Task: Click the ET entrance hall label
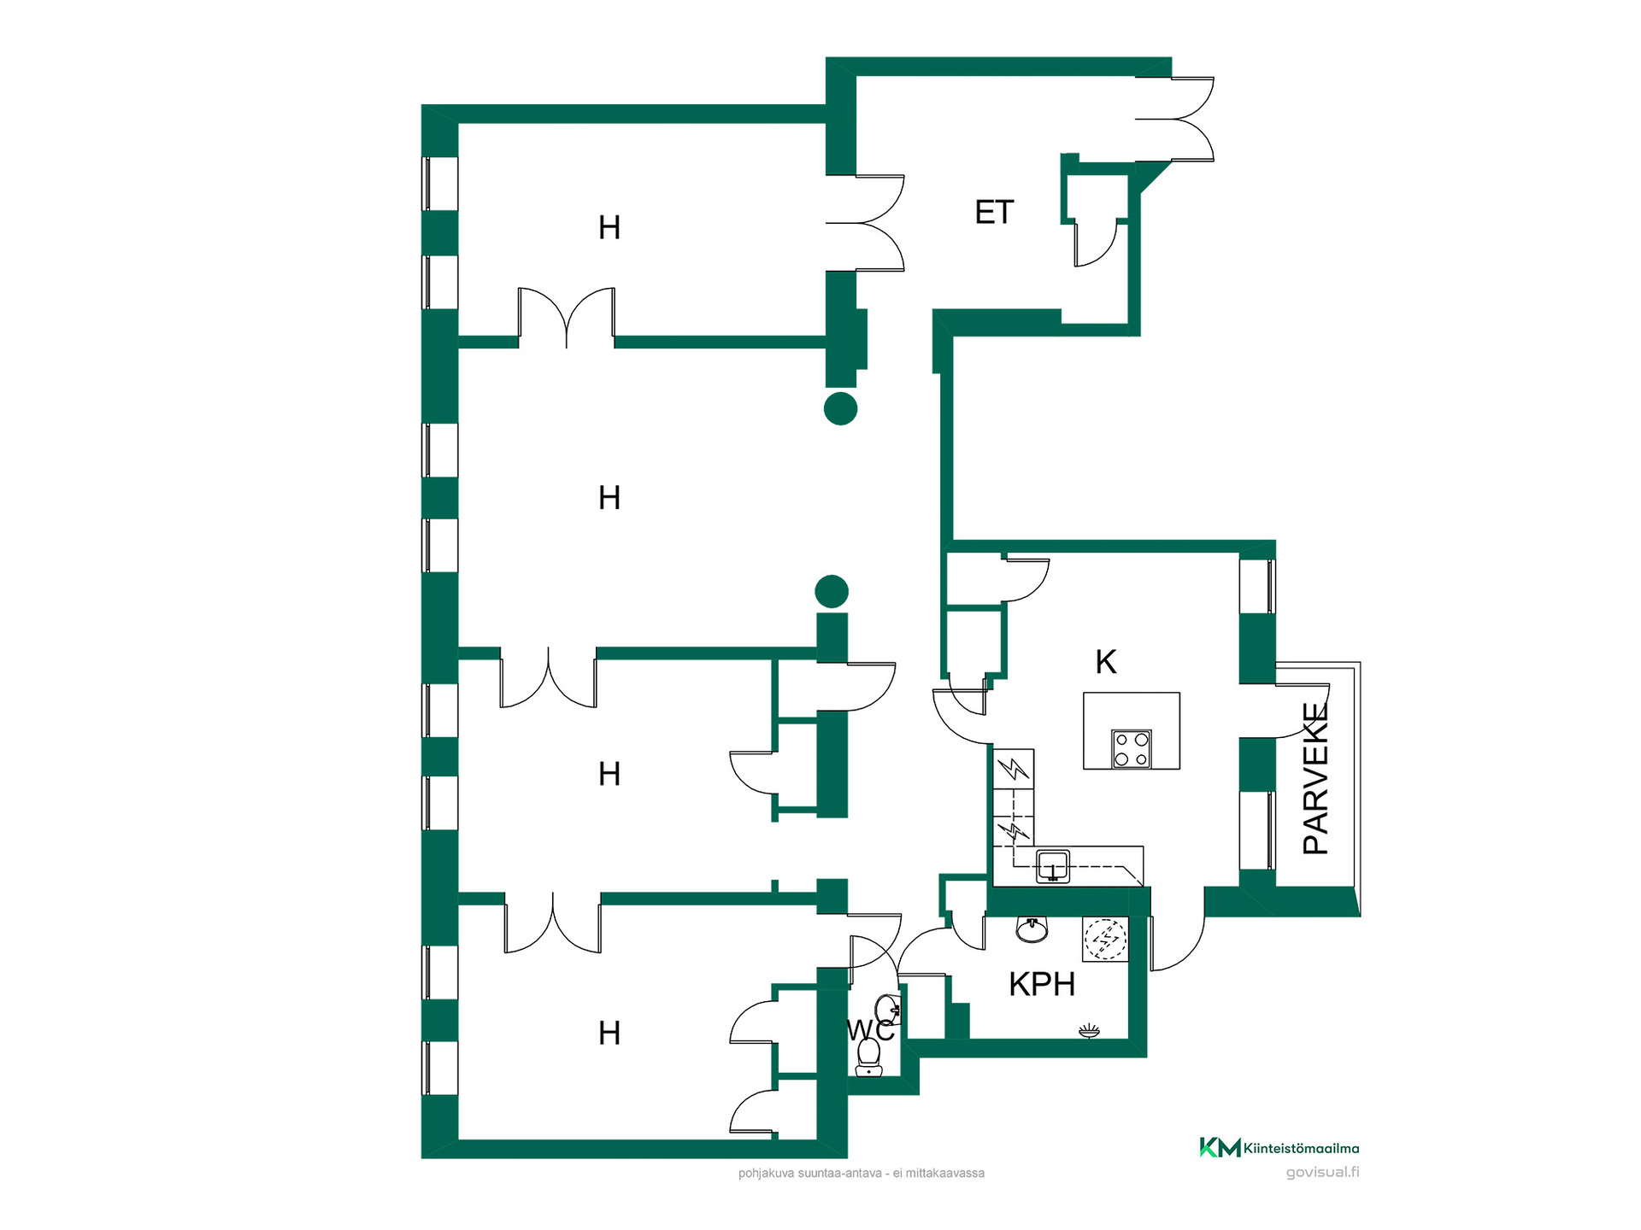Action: click(x=994, y=212)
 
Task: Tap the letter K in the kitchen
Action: click(x=1106, y=662)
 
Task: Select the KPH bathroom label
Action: click(x=1042, y=985)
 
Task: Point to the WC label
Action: click(x=870, y=1030)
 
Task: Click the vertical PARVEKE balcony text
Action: click(x=1316, y=778)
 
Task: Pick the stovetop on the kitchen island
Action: click(x=1132, y=749)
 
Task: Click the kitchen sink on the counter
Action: click(x=1053, y=866)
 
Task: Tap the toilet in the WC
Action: click(x=869, y=1057)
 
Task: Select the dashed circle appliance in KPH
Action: click(x=1106, y=940)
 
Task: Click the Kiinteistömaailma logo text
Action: click(x=1302, y=1149)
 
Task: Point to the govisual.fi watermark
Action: click(x=1322, y=1172)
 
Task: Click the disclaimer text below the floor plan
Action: click(x=862, y=1174)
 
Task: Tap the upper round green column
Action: click(x=841, y=408)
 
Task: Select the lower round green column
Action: click(x=832, y=591)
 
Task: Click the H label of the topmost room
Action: click(x=609, y=228)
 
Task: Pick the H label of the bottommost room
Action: click(x=609, y=1034)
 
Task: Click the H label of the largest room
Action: click(x=609, y=498)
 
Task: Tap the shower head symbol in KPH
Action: click(x=1089, y=1031)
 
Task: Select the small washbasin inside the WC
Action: click(x=889, y=1010)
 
